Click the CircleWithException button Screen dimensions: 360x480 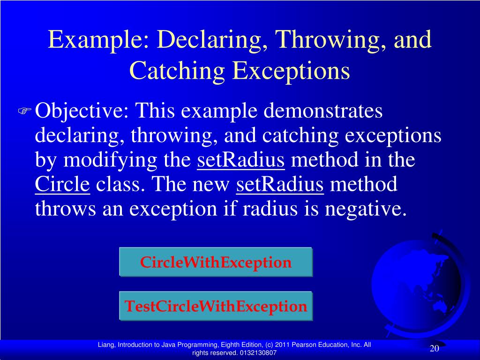point(216,262)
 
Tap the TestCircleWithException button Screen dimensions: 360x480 point(216,307)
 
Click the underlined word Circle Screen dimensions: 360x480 point(62,185)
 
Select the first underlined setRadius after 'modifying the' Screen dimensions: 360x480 point(241,160)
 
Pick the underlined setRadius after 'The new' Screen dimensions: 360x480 point(280,185)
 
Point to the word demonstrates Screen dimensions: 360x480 point(323,112)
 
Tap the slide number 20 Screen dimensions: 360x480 point(434,349)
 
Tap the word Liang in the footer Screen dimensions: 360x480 point(106,345)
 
